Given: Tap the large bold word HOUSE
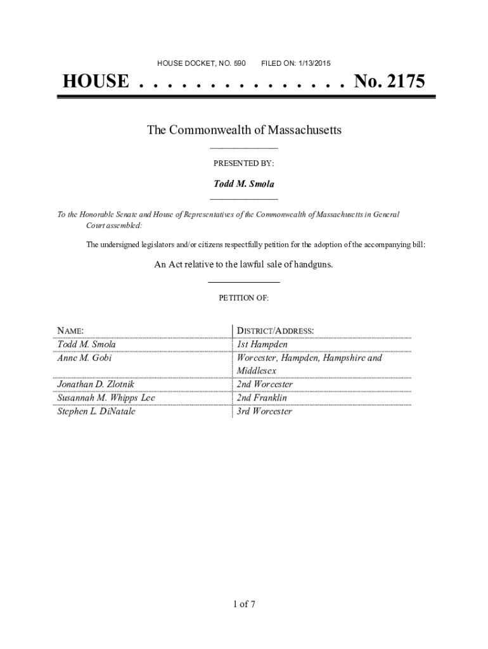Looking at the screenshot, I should click(95, 82).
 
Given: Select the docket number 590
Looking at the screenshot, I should click(240, 63).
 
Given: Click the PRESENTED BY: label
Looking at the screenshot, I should click(243, 164).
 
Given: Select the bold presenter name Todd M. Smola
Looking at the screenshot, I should click(243, 184).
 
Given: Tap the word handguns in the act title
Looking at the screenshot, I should click(311, 264).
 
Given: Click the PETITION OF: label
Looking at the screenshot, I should click(243, 297).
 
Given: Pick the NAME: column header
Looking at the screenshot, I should click(70, 331).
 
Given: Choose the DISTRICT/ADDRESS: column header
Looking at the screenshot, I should click(275, 331).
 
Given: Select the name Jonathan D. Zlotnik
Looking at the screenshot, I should click(96, 385).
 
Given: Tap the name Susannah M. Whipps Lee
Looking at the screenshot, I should click(106, 398).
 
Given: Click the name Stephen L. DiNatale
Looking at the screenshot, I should click(96, 411).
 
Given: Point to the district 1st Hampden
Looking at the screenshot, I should click(262, 344).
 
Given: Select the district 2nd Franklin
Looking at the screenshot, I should click(262, 398).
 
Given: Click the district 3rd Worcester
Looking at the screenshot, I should click(264, 411).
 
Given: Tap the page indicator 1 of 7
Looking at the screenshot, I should click(243, 603).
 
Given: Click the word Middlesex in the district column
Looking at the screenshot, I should click(257, 371).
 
